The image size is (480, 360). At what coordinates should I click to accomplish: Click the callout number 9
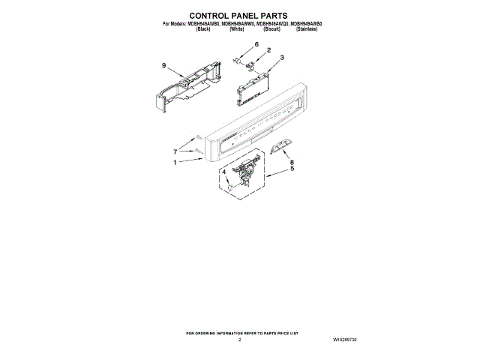point(163,67)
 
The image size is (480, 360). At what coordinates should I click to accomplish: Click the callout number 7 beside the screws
point(176,151)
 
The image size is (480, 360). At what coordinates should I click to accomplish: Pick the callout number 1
point(175,163)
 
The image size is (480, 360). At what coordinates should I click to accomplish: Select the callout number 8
point(292,162)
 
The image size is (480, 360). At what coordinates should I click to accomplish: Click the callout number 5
point(292,169)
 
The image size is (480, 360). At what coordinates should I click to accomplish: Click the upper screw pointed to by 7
point(196,138)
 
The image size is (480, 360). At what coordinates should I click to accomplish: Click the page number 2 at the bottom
point(239,340)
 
